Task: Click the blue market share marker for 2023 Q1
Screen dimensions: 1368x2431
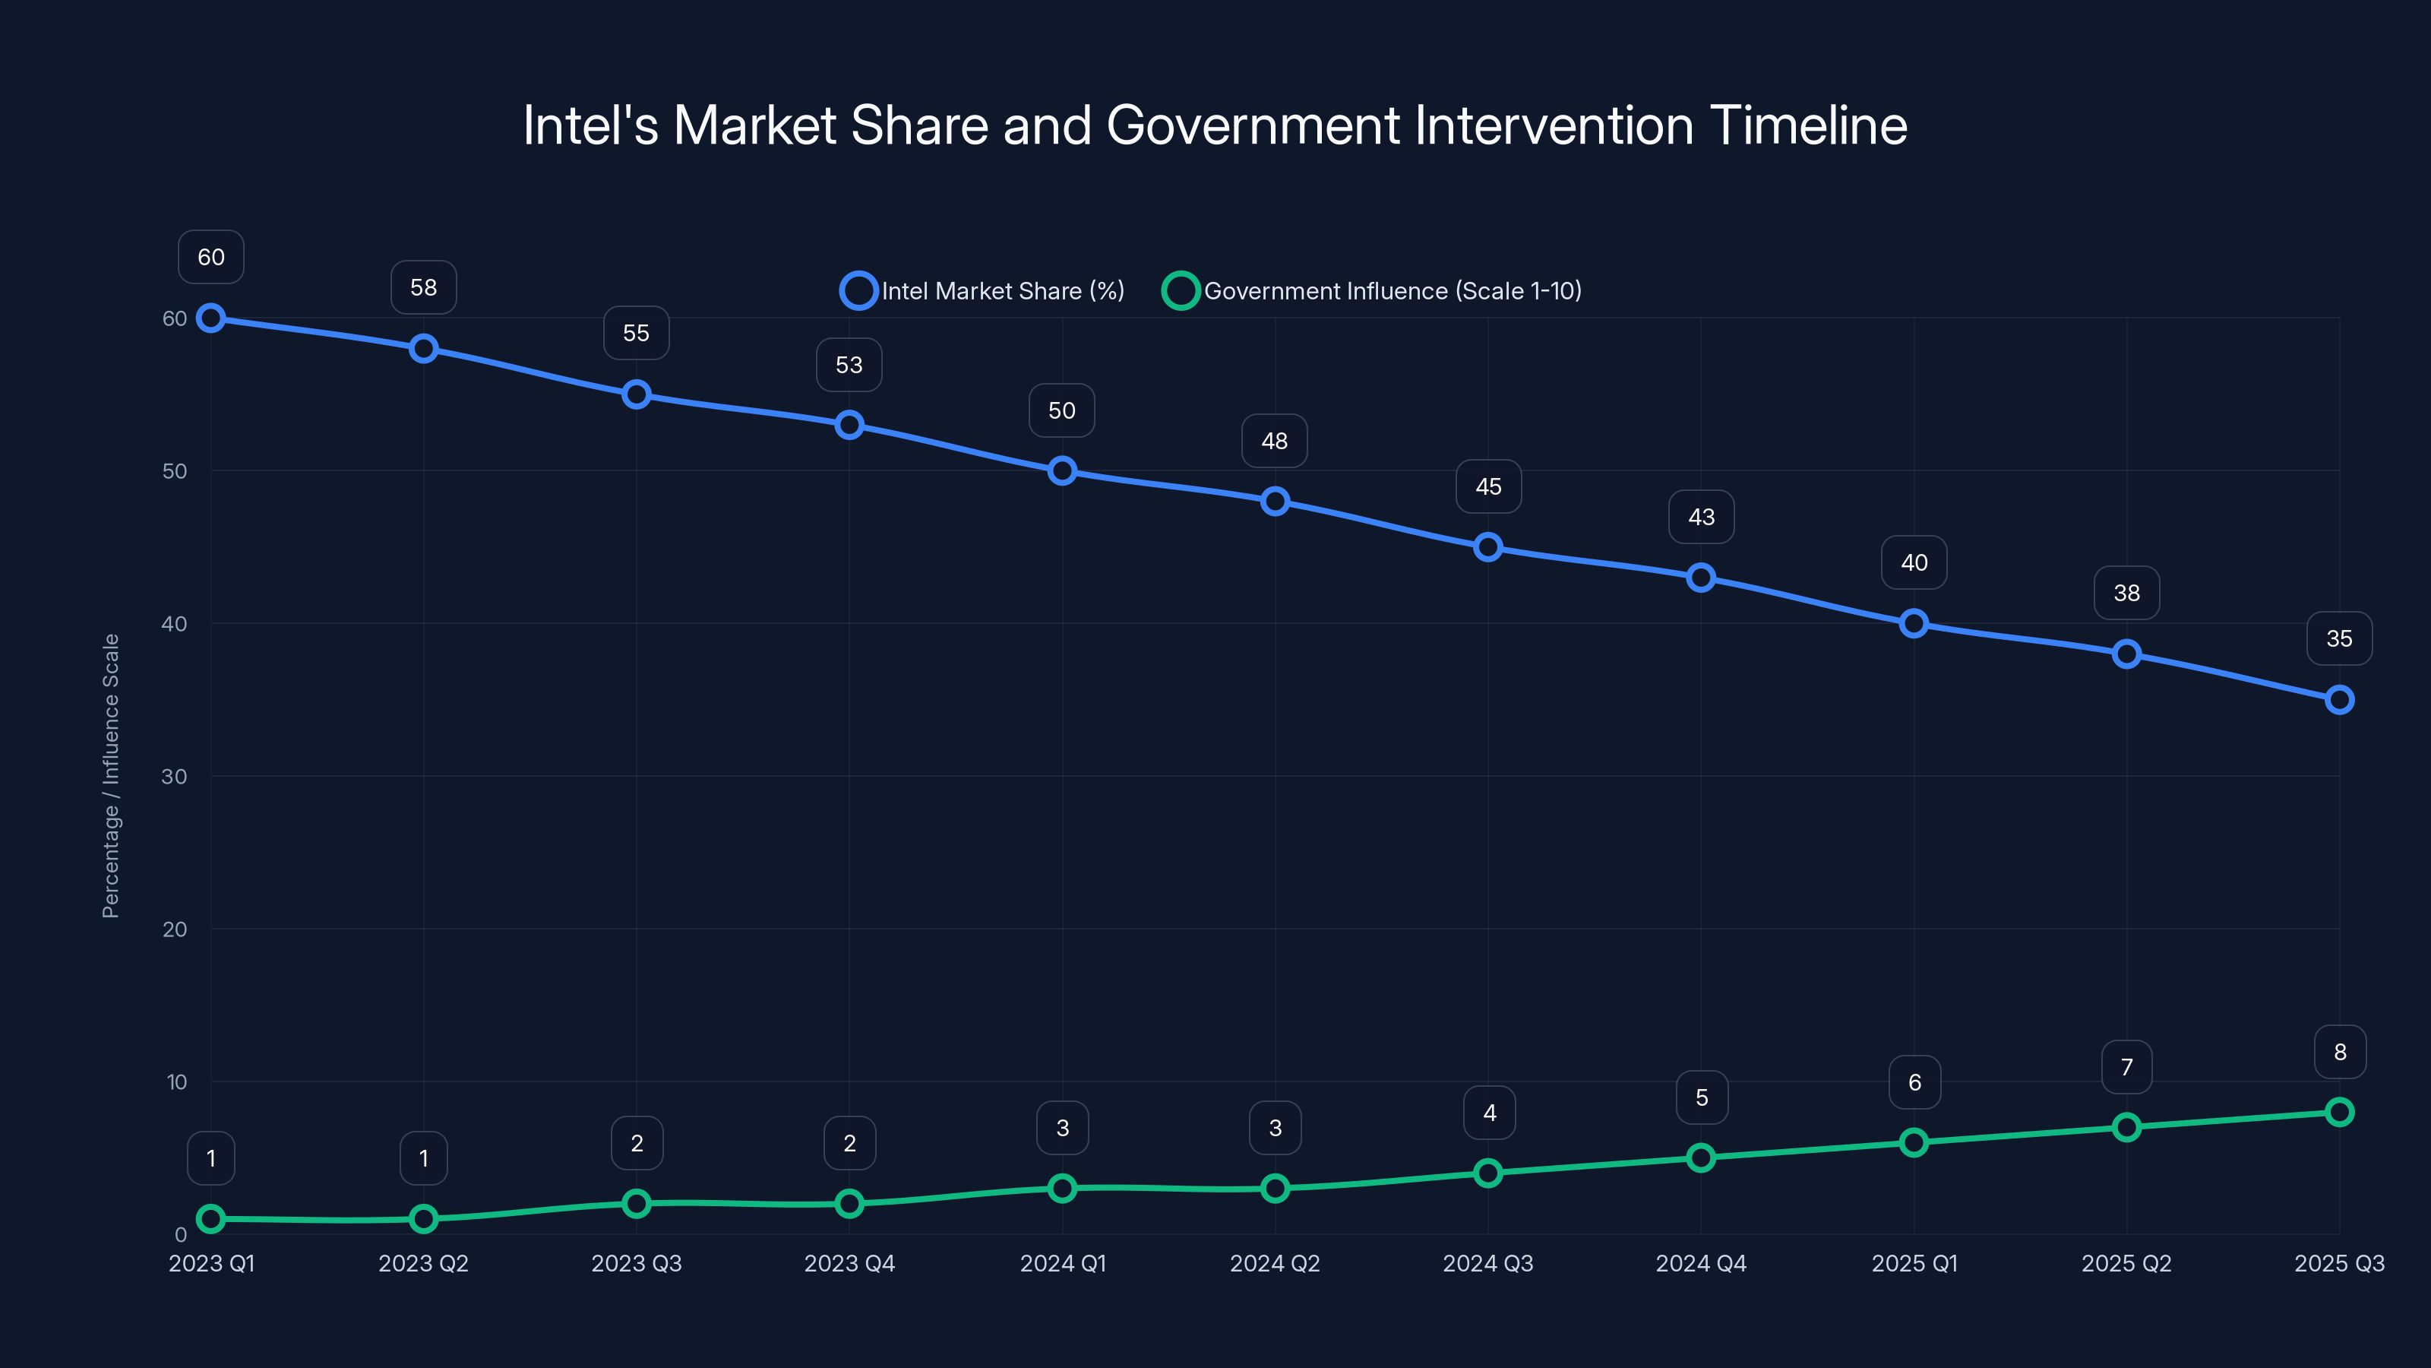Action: tap(210, 318)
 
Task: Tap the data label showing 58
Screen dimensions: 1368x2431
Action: tap(423, 287)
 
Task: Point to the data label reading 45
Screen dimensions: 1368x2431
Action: tap(1487, 486)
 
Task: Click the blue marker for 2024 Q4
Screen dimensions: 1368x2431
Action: tap(1701, 578)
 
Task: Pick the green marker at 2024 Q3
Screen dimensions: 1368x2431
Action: tap(1487, 1173)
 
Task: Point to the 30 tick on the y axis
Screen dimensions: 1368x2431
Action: tap(175, 776)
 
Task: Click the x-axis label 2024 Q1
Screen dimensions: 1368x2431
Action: tap(1063, 1263)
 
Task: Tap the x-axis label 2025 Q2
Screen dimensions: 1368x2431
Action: tap(2126, 1263)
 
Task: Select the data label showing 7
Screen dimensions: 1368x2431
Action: tap(2126, 1067)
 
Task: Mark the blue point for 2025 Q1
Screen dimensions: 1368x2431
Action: tap(1914, 623)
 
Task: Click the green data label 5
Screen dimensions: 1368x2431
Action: tap(1701, 1097)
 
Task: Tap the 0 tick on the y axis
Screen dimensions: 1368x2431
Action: tap(180, 1234)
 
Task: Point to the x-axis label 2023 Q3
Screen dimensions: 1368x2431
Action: tap(636, 1263)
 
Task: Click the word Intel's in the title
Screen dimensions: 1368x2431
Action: tap(591, 125)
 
